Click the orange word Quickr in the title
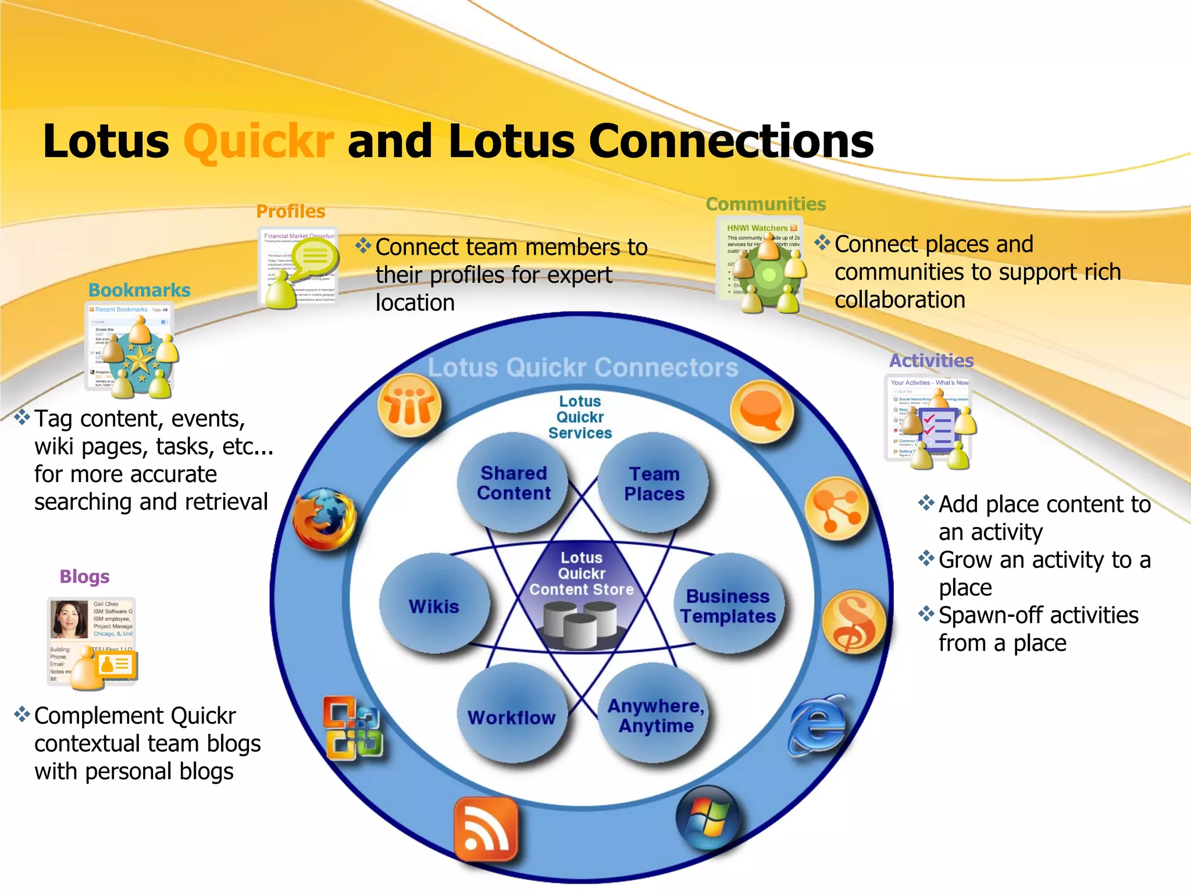(259, 141)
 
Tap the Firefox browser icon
(324, 519)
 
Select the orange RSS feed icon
(486, 829)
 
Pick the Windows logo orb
(708, 817)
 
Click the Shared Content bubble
(512, 483)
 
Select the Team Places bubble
(654, 483)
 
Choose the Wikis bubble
(434, 605)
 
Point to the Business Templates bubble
(729, 605)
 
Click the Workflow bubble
(512, 716)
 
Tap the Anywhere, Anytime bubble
(655, 715)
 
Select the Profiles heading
(291, 211)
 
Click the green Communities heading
(765, 204)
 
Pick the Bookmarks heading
(139, 290)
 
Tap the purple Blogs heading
(84, 576)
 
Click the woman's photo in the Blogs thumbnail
(69, 619)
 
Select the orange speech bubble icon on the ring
(761, 410)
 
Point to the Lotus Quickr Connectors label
(583, 367)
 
